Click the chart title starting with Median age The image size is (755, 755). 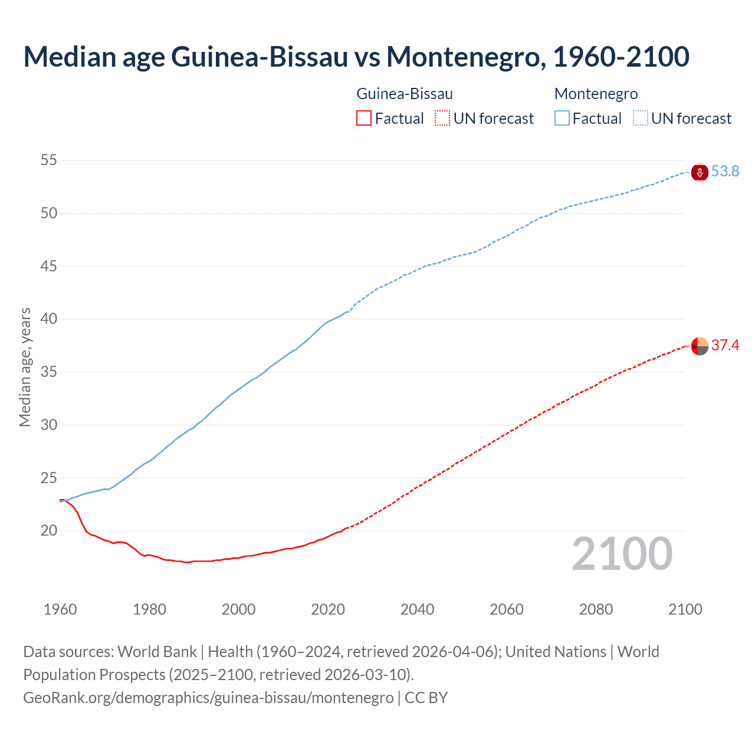[x=356, y=57]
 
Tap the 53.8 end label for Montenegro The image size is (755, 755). [x=725, y=171]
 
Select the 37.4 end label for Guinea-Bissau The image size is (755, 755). [x=725, y=345]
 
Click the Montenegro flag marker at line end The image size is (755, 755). [x=700, y=172]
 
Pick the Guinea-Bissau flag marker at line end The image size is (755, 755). [x=700, y=346]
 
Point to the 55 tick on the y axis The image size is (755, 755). [x=49, y=160]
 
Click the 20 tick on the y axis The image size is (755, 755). [x=49, y=531]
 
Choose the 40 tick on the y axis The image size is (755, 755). [x=49, y=319]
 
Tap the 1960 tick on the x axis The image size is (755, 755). [x=60, y=609]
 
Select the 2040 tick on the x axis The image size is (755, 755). [x=417, y=609]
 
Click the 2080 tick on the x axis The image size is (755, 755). [x=596, y=609]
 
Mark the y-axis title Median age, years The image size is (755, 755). [x=25, y=367]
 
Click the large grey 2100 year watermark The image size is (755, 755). [x=622, y=553]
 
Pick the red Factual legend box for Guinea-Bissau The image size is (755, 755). [x=364, y=119]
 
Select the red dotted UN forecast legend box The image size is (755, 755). [x=442, y=119]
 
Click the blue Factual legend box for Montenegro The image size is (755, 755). [x=562, y=119]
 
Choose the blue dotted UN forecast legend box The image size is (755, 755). [x=641, y=119]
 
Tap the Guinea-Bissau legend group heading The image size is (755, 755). [x=405, y=94]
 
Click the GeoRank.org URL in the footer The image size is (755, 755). [x=208, y=698]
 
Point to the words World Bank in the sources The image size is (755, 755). [x=157, y=652]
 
